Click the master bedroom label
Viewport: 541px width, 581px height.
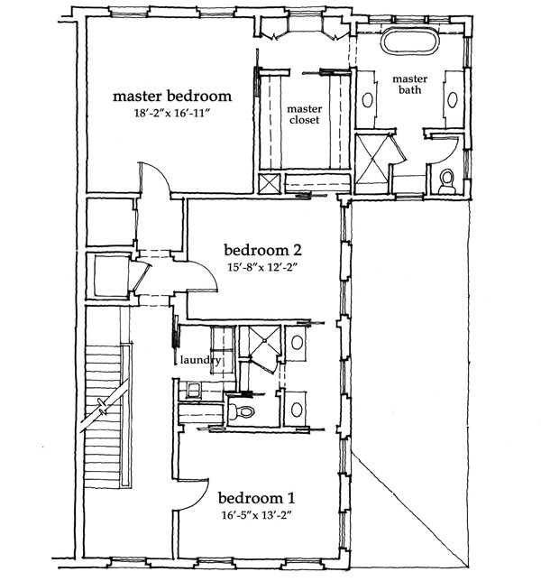coord(172,96)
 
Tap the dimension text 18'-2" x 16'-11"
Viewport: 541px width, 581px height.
coord(172,113)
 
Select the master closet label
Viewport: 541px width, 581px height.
coord(305,115)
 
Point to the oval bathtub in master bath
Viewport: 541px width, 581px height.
coord(410,41)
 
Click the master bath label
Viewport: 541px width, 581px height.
coord(410,84)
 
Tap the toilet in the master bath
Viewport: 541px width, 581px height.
coord(447,182)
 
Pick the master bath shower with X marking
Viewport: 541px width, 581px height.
coord(371,163)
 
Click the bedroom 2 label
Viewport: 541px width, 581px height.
coord(263,250)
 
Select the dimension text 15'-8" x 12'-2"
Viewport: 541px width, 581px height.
coord(263,267)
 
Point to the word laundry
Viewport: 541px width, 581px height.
coord(200,360)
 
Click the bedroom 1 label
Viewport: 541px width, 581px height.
coord(257,498)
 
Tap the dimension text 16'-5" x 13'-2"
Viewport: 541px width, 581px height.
coord(257,515)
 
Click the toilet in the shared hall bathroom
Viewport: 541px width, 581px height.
coord(241,410)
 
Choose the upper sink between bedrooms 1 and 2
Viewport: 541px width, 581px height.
coord(297,343)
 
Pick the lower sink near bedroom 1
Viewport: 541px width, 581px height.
coord(297,410)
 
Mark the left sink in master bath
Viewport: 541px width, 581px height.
coord(367,100)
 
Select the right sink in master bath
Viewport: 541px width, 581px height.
coord(453,99)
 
